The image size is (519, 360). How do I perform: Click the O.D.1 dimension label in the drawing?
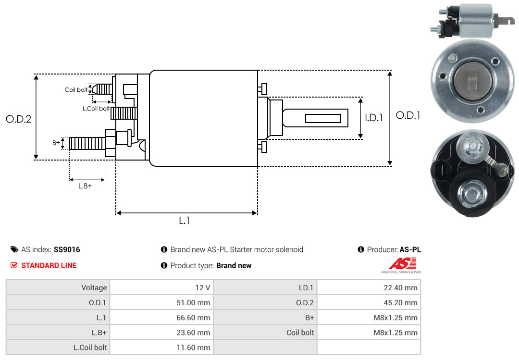tap(408, 115)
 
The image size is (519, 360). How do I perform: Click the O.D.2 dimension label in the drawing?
tap(18, 119)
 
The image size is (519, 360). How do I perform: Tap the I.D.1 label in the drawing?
tap(373, 117)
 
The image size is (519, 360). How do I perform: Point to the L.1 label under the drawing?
tap(185, 221)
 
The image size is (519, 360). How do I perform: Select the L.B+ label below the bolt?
tap(85, 186)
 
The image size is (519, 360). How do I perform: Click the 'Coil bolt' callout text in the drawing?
tap(76, 90)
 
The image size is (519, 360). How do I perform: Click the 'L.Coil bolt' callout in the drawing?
tap(96, 109)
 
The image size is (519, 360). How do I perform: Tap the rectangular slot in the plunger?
tap(323, 118)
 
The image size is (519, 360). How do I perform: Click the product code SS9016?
tap(67, 249)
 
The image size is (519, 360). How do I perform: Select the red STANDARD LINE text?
tap(49, 265)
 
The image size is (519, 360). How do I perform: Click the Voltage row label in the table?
tap(94, 288)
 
